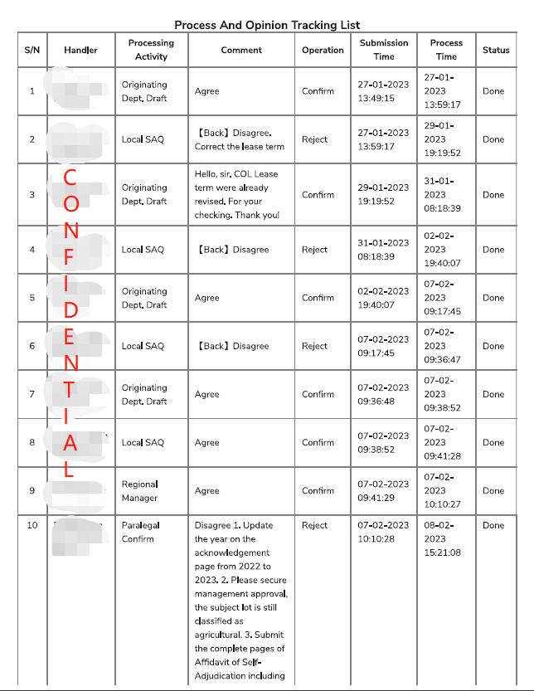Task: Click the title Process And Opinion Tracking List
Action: click(x=267, y=26)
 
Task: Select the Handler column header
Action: click(x=80, y=50)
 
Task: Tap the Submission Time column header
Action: click(x=383, y=50)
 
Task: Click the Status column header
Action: click(x=496, y=50)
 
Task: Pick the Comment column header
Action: click(x=241, y=50)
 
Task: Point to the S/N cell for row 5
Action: click(x=32, y=298)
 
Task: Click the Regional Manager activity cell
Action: click(x=139, y=491)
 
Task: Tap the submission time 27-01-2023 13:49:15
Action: click(x=383, y=91)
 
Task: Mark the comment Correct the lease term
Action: click(x=240, y=147)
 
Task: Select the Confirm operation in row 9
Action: click(x=318, y=491)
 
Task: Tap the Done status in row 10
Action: click(x=493, y=525)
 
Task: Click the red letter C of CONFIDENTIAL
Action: click(x=70, y=177)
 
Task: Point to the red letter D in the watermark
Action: click(x=70, y=311)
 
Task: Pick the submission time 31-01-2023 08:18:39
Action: click(x=383, y=250)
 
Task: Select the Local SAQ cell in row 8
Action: click(x=143, y=443)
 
